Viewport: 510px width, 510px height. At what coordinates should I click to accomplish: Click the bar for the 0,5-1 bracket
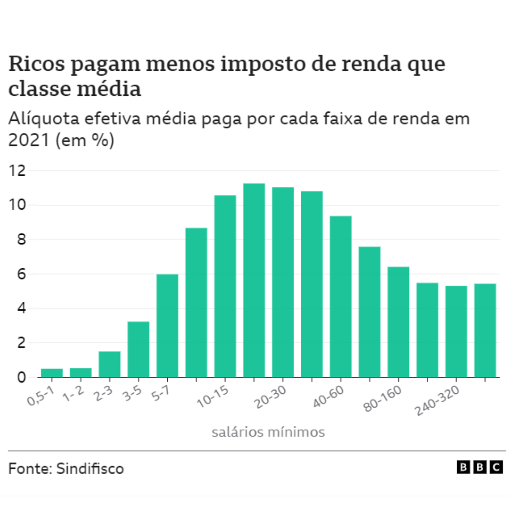(x=52, y=373)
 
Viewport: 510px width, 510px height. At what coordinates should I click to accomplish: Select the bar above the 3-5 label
(x=138, y=349)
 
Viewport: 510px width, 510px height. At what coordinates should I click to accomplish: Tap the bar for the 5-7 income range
(x=167, y=326)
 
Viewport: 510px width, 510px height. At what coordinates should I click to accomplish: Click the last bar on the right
(x=485, y=331)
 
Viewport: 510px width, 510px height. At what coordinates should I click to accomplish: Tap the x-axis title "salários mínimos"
(x=268, y=432)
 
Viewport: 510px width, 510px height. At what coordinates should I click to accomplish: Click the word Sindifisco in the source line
(x=90, y=469)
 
